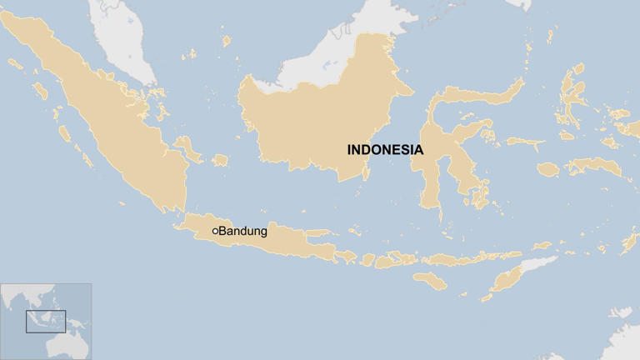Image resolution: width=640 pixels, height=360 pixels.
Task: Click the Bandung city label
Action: [x=242, y=231]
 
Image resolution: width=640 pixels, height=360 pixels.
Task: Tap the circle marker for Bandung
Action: [x=215, y=231]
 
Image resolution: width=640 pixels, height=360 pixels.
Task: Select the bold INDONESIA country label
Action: [x=385, y=151]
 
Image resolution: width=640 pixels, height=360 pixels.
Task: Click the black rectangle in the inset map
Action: [x=45, y=321]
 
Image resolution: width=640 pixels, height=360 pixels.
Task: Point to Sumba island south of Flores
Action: [x=431, y=280]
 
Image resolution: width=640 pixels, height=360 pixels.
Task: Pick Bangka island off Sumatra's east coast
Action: [x=190, y=151]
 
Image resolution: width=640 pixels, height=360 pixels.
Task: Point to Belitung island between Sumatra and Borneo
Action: [x=220, y=160]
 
